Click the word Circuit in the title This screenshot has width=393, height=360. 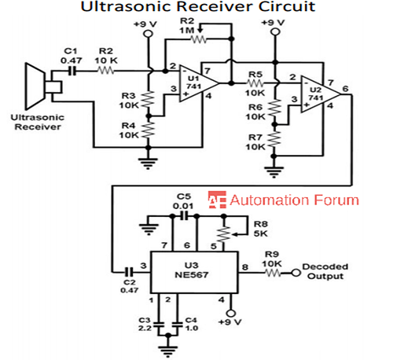(276, 9)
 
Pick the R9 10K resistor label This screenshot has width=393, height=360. (271, 259)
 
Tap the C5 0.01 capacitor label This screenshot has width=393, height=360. (183, 200)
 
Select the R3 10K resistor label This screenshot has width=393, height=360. (132, 99)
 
